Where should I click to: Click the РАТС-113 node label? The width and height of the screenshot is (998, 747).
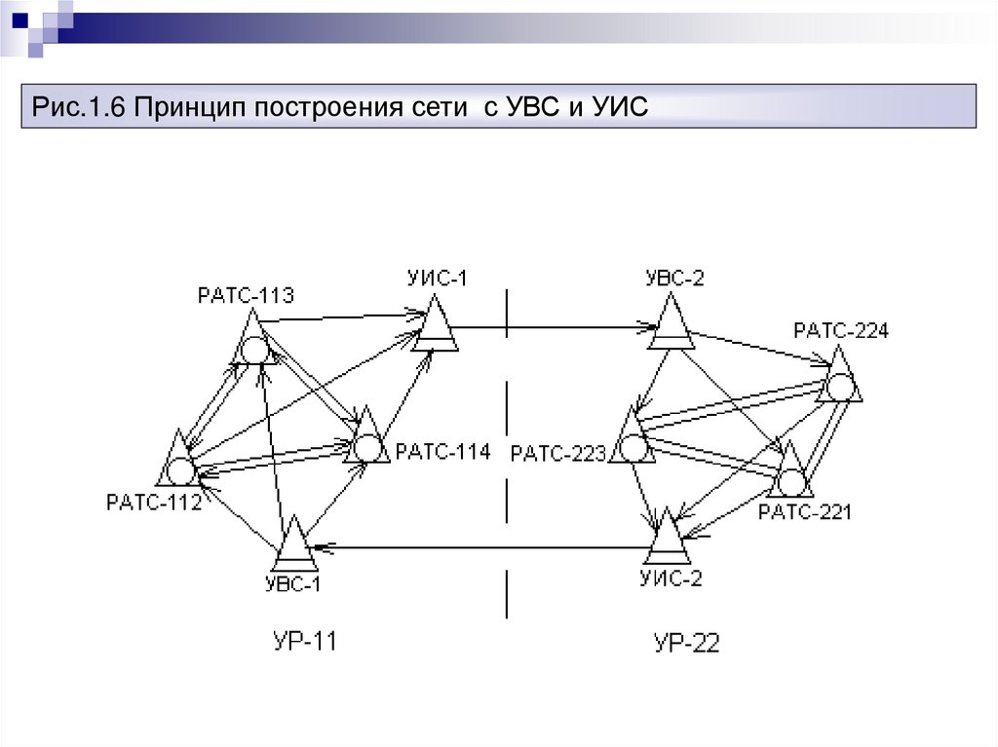(245, 295)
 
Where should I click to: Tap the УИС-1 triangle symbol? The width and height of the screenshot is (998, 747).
(434, 326)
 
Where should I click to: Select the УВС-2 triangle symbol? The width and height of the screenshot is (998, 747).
(672, 324)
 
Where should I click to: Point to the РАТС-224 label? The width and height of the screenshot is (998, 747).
(840, 330)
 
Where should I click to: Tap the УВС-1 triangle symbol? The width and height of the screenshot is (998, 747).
(293, 548)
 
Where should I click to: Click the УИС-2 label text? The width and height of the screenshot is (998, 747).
(670, 578)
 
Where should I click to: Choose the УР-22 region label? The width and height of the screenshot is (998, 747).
(686, 643)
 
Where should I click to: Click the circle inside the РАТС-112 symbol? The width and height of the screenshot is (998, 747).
(179, 471)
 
